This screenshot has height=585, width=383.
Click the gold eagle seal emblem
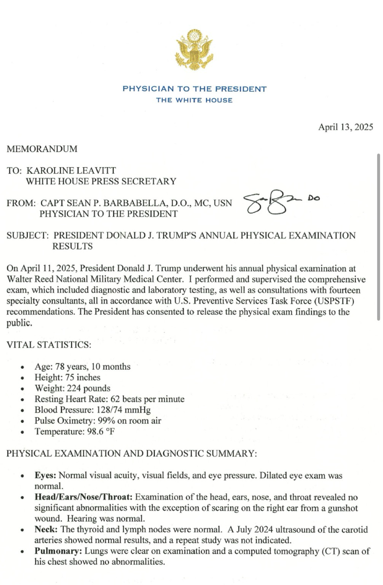[194, 50]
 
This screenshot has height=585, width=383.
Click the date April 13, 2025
[345, 127]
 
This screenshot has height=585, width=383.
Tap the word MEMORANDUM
[42, 149]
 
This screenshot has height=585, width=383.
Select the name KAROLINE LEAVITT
[71, 171]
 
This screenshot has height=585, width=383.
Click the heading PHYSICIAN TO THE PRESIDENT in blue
[194, 89]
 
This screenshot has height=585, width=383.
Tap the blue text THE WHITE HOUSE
[194, 100]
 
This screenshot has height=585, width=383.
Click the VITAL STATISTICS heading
[49, 345]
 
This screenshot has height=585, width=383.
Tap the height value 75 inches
[83, 377]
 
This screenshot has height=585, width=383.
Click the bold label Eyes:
[45, 476]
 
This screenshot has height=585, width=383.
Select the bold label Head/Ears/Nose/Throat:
[83, 497]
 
